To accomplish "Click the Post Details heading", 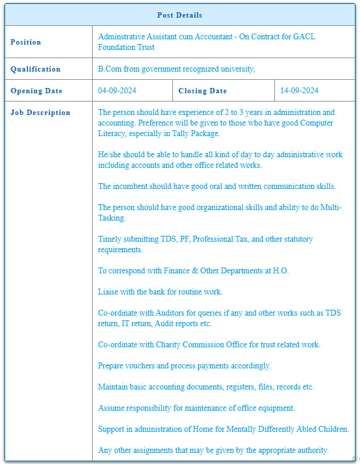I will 179,15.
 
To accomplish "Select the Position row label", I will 26,42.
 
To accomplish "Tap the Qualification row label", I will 35,69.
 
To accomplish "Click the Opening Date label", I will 36,91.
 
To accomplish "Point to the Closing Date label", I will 202,91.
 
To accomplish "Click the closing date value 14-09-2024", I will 299,91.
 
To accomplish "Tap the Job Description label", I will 40,113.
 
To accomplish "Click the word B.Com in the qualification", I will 109,69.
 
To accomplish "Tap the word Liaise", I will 110,292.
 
